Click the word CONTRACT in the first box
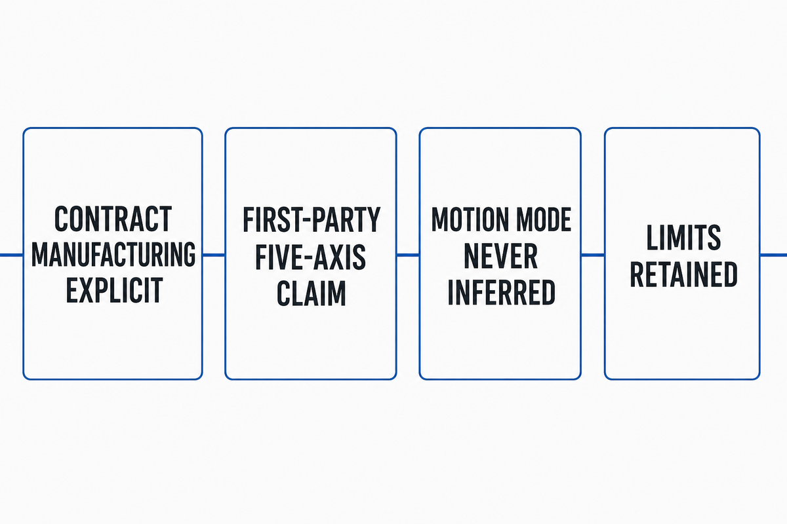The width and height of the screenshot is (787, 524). pos(113,219)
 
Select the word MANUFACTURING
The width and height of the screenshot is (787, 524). pos(113,255)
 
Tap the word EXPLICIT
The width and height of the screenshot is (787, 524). pos(114,290)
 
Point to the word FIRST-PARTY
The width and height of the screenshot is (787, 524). pos(312,219)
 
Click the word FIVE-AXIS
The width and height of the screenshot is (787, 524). pos(311,257)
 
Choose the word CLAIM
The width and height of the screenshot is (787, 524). pos(312,293)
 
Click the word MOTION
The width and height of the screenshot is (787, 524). pos(470,219)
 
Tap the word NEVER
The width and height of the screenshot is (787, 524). pos(500,256)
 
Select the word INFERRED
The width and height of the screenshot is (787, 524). pos(501,292)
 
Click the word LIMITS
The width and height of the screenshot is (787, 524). pos(683,238)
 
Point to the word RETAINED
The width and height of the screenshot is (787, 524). pos(683,274)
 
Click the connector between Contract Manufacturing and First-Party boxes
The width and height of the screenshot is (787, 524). pos(214,255)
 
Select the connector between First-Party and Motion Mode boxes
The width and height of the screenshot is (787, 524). pos(408,255)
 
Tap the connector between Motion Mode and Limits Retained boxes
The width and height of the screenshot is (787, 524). pos(593,255)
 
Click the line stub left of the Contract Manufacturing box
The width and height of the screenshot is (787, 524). pos(12,255)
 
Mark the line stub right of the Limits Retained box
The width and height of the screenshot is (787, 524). pos(773,255)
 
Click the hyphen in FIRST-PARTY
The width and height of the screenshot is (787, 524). pos(308,221)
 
